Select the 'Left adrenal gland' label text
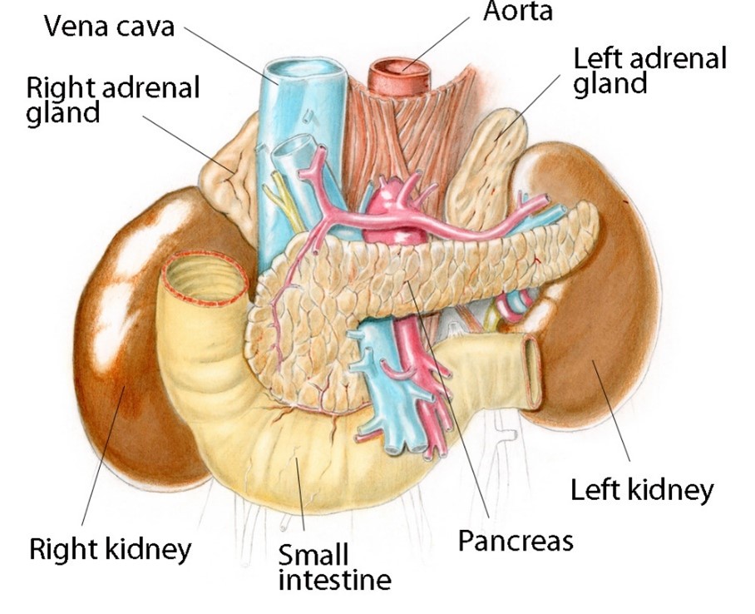pyautogui.click(x=649, y=70)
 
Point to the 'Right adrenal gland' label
pyautogui.click(x=112, y=99)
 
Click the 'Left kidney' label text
pyautogui.click(x=641, y=490)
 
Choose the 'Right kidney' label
pyautogui.click(x=111, y=548)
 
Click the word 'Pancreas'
pyautogui.click(x=516, y=541)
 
